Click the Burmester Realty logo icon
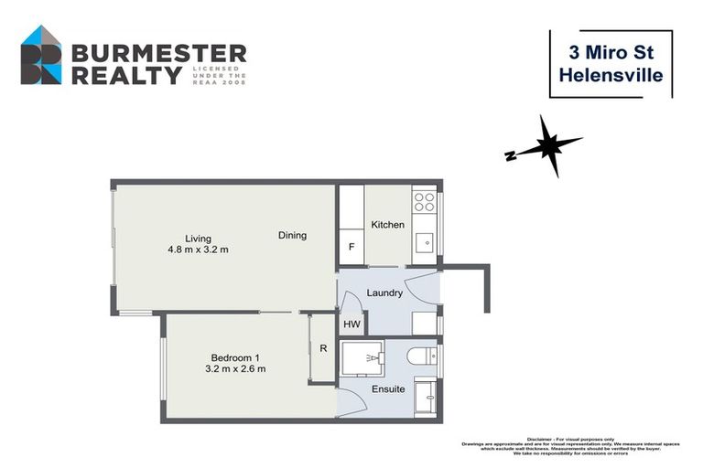tap(41, 55)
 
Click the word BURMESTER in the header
tap(157, 52)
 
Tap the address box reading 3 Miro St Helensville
tap(611, 64)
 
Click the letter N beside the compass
tap(510, 155)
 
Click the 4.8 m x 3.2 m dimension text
tap(198, 250)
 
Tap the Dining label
tap(292, 235)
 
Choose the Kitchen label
tap(387, 225)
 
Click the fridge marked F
tap(350, 247)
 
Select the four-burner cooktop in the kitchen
tap(424, 202)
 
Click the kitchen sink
tap(425, 243)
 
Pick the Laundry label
tap(385, 293)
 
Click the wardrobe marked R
tap(322, 347)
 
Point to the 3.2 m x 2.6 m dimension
tap(235, 369)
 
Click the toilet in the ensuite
tap(423, 356)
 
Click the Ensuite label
tap(388, 389)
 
